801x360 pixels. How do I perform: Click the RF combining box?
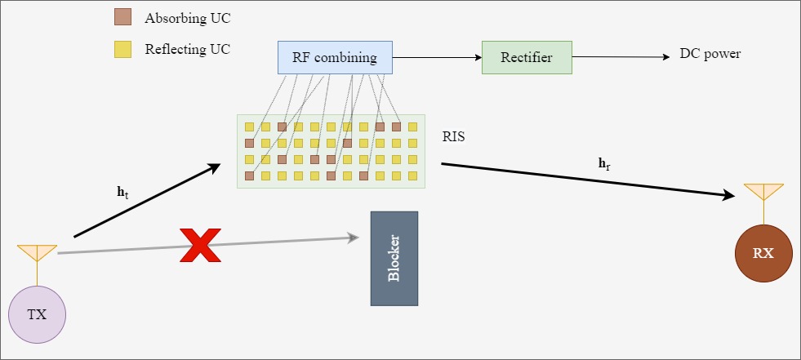(x=334, y=58)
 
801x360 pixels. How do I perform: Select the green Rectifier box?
(x=527, y=58)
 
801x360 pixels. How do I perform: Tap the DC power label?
(x=710, y=55)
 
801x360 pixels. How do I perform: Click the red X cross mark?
(x=200, y=245)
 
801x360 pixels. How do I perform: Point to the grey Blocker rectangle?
(x=394, y=259)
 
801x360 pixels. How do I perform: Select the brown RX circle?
(x=763, y=254)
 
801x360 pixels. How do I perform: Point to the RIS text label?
(x=453, y=137)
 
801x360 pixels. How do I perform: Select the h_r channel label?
(x=604, y=163)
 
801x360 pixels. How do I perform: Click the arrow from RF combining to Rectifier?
(x=437, y=58)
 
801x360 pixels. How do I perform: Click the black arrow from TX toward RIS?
(x=147, y=201)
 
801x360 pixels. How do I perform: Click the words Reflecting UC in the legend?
(x=187, y=50)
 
